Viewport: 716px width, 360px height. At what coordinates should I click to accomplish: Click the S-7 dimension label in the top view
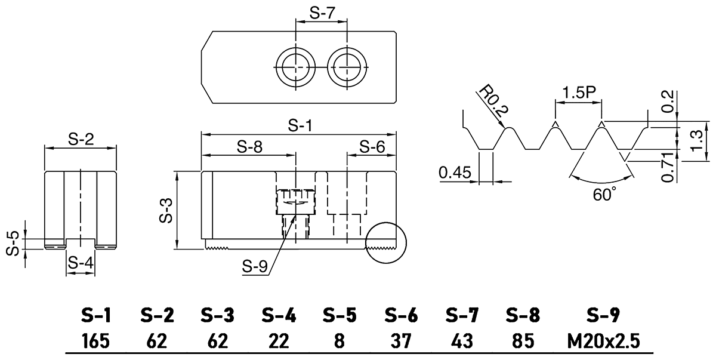[x=322, y=14]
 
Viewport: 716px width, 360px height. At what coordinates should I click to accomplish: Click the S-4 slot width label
[x=80, y=263]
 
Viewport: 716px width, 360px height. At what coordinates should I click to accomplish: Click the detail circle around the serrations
[x=385, y=242]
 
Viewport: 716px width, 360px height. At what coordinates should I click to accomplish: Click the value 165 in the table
[x=95, y=341]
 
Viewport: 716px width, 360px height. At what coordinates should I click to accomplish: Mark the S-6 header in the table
[x=401, y=314]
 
